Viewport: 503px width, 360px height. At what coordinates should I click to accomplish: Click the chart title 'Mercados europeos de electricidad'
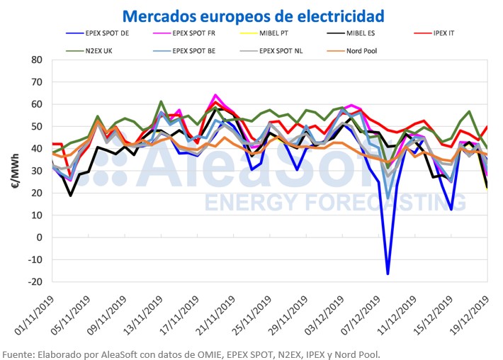(x=254, y=15)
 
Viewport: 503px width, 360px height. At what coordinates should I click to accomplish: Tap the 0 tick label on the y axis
(x=40, y=237)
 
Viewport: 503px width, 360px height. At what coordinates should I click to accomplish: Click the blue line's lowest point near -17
(x=388, y=274)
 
